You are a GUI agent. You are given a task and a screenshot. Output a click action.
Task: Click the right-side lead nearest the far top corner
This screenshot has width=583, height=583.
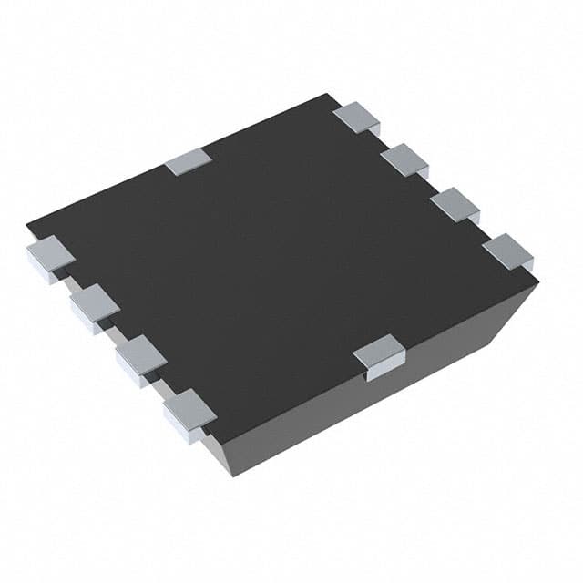click(x=356, y=117)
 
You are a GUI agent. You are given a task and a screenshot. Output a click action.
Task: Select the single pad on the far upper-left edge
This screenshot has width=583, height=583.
click(x=189, y=161)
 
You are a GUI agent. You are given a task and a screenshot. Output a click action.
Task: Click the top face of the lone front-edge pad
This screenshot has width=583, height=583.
click(x=379, y=347)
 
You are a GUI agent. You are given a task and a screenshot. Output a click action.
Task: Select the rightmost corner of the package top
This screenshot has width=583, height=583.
click(x=537, y=282)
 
